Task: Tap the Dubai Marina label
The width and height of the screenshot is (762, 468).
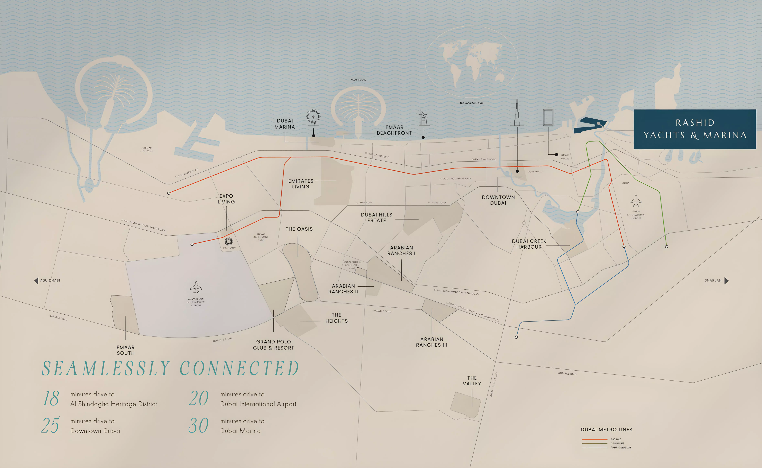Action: point(284,124)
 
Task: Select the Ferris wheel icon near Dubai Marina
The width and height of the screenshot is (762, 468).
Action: point(313,118)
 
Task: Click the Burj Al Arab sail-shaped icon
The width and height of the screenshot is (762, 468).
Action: point(424,118)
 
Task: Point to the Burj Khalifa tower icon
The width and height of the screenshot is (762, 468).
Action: point(517,111)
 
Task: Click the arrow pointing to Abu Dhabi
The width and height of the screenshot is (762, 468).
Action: point(36,280)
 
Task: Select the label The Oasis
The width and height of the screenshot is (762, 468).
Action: point(299,229)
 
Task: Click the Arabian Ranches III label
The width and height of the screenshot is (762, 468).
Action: point(432,342)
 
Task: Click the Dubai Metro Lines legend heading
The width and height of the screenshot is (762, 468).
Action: point(606,430)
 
